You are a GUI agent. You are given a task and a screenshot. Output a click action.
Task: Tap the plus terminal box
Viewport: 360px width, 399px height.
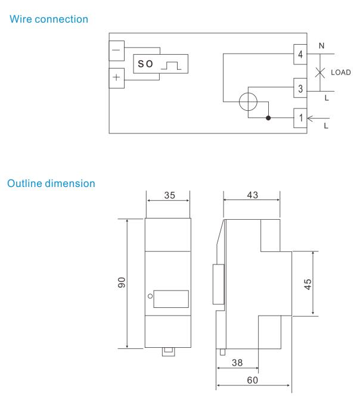click(x=116, y=77)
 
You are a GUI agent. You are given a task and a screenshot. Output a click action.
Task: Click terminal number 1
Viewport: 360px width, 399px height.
click(x=301, y=117)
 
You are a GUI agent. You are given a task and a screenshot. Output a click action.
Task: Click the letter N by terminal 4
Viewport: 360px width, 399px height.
click(x=322, y=45)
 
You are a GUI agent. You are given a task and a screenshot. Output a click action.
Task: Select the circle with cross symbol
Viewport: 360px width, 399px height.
click(x=249, y=102)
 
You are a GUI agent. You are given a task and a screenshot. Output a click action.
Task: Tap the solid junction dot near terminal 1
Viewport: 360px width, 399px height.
click(x=269, y=117)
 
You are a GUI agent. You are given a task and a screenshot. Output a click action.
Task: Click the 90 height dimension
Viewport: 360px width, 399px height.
click(x=122, y=283)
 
